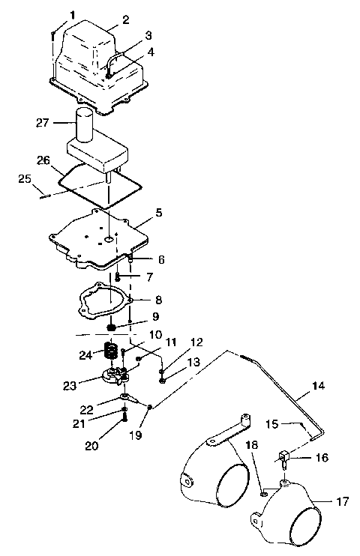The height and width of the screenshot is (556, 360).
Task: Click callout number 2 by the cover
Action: point(126,19)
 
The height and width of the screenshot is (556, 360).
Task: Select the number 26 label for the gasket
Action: point(43,160)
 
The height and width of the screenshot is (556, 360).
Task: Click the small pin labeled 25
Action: point(45,197)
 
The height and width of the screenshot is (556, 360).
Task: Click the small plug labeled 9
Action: point(112,327)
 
